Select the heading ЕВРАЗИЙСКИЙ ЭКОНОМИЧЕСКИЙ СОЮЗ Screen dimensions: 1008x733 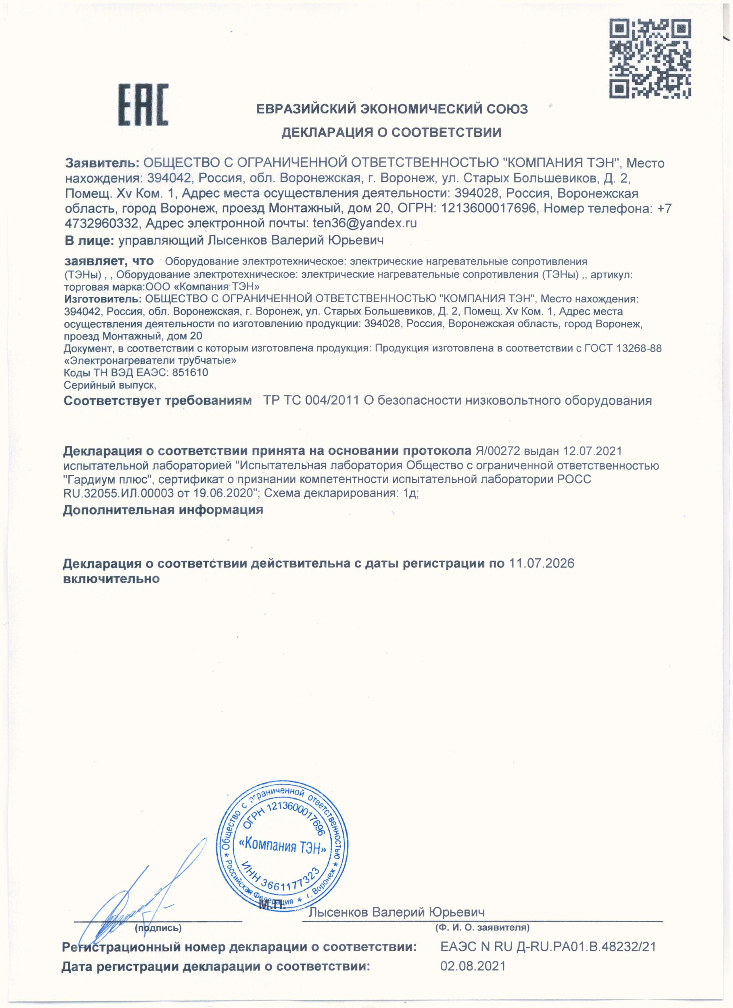click(x=392, y=109)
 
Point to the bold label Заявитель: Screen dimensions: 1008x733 click(x=102, y=163)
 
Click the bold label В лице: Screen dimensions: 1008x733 click(x=89, y=241)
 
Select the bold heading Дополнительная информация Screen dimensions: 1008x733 click(x=163, y=509)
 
